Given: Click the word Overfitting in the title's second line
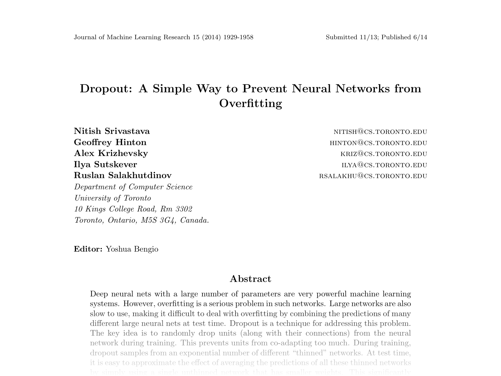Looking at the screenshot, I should click(250, 103).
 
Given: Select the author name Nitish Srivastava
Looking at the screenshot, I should click(112, 131).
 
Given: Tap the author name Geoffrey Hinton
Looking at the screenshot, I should click(110, 142).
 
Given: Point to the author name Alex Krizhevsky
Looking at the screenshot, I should click(111, 153).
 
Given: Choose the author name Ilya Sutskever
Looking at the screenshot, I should click(105, 164).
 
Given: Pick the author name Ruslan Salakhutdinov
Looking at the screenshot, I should click(123, 175).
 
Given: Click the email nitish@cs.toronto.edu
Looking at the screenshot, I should click(380, 132).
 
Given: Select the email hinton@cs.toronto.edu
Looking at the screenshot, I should click(378, 143).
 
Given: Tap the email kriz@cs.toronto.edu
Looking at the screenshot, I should click(384, 154).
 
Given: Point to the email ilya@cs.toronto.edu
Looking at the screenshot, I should click(384, 165).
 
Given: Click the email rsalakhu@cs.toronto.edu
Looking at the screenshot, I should click(373, 176).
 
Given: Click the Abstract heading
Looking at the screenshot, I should click(250, 279).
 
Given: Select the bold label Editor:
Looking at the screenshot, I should click(88, 249).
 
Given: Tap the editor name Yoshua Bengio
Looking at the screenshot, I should click(132, 249).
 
